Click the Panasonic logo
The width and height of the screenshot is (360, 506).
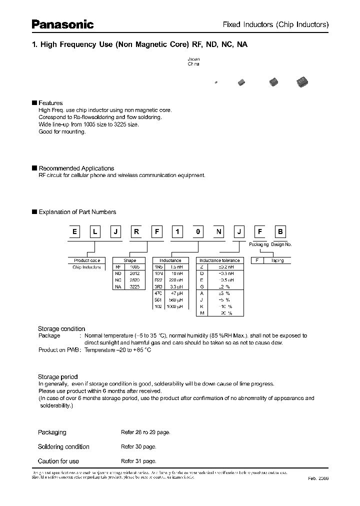coord(63,24)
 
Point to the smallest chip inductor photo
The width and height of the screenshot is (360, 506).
coord(216,82)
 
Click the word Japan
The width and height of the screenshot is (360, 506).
coord(193,58)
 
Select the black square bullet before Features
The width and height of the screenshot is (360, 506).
coord(34,103)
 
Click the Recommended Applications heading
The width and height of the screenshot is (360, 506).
coord(76,168)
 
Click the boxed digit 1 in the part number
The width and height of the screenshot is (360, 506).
coord(176,232)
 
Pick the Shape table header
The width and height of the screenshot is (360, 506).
coord(130,260)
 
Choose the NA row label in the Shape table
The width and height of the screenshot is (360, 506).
coord(118,287)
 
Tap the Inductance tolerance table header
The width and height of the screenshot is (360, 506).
coord(219,260)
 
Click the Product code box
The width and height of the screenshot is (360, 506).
coord(86,260)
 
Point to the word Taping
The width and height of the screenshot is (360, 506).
coord(276,260)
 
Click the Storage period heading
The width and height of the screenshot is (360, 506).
coord(57,376)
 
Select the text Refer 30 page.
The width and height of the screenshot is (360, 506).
coord(138,446)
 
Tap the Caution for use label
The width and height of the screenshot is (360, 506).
coord(58,461)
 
